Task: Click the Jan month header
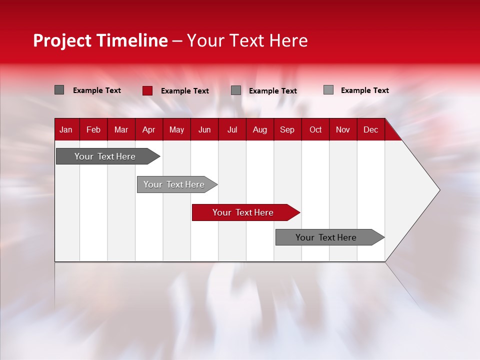66,130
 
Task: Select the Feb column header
93,130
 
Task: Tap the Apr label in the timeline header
149,130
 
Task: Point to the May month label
176,130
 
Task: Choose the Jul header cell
232,130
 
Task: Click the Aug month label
260,130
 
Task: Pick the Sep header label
287,130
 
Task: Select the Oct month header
315,130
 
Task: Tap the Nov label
343,130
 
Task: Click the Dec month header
370,130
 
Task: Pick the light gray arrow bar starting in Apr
177,184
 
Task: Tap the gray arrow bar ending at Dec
330,237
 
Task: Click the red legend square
147,90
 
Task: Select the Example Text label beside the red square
185,91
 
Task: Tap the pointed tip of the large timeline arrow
440,190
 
